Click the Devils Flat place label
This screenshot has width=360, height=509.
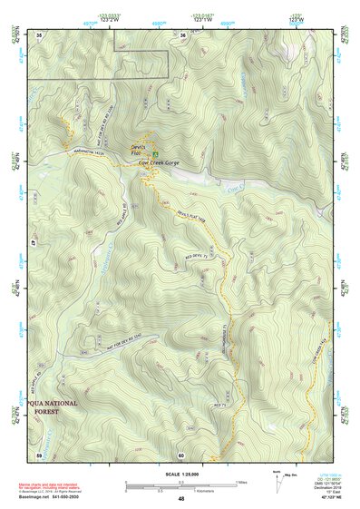[137, 149]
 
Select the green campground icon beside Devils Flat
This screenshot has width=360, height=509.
[154, 152]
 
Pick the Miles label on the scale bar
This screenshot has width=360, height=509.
[241, 482]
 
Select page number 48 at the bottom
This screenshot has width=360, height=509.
[181, 499]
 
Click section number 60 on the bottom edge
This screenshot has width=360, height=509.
[181, 455]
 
